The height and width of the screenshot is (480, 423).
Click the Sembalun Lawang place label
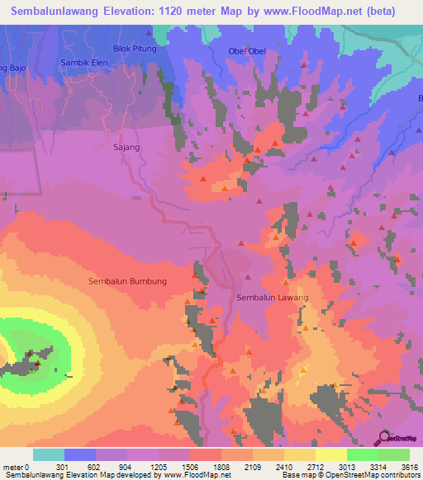click(x=272, y=298)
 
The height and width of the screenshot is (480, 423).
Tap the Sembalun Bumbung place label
click(x=128, y=281)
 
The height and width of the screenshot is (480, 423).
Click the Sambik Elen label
click(x=84, y=63)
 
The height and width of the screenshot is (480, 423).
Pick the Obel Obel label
click(x=247, y=51)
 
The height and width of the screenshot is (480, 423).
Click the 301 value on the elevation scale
click(x=65, y=466)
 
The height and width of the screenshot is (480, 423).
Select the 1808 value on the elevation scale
click(x=221, y=466)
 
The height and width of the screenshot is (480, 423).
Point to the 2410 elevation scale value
click(x=284, y=466)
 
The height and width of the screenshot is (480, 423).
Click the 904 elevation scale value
click(x=128, y=466)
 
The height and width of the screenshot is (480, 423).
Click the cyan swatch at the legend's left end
click(x=49, y=454)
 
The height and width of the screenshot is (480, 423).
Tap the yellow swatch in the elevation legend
click(x=331, y=454)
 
